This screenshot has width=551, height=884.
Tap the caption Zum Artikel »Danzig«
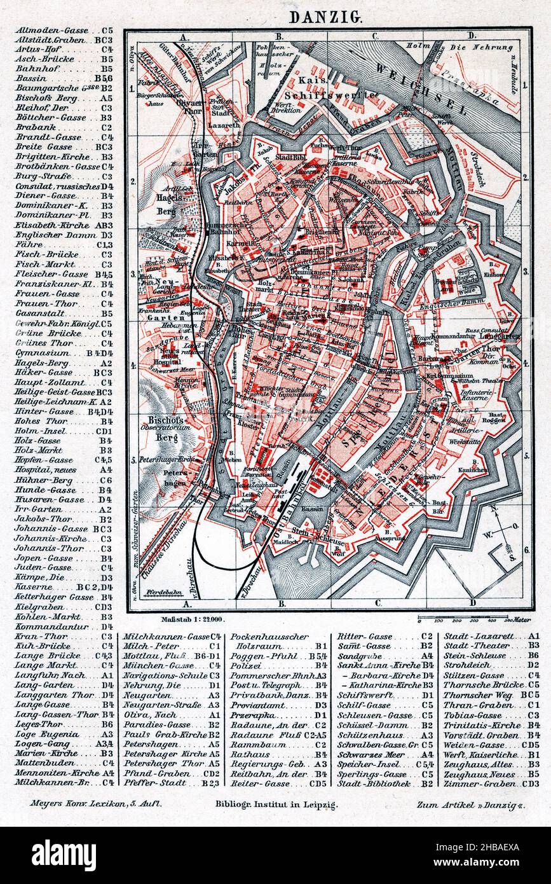pyautogui.click(x=472, y=804)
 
